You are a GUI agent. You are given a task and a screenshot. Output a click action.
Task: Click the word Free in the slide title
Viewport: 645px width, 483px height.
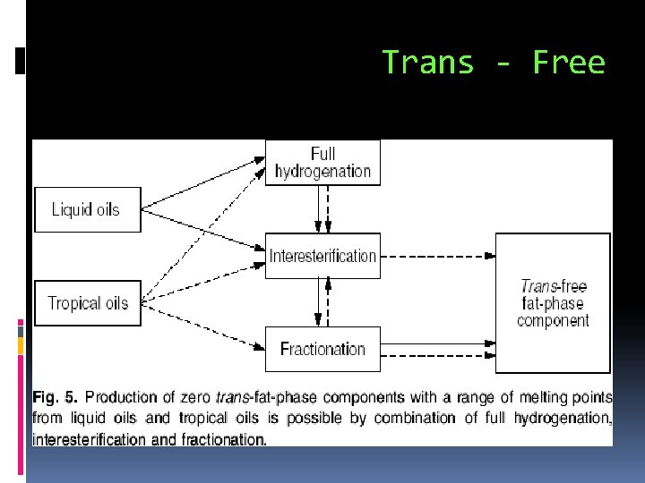[x=568, y=63]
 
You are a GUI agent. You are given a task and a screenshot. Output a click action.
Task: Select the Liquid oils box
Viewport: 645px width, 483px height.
[x=87, y=210]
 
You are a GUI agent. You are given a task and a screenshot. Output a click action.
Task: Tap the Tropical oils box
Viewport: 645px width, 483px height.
[x=87, y=303]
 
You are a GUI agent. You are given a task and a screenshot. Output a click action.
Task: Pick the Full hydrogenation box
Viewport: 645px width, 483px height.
[x=322, y=163]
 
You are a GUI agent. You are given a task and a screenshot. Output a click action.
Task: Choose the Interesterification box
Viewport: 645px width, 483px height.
[x=322, y=256]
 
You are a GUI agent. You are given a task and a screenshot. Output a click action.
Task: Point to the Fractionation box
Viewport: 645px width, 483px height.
[x=322, y=349]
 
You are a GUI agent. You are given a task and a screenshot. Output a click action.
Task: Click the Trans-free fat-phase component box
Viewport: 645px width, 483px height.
[x=553, y=303]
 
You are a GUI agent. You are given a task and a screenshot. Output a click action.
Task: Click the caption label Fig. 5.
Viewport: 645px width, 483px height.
[x=56, y=397]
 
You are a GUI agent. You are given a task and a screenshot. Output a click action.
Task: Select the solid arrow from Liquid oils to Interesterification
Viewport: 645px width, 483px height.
[x=204, y=232]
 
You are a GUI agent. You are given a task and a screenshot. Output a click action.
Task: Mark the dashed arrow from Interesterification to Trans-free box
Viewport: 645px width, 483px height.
[x=437, y=256]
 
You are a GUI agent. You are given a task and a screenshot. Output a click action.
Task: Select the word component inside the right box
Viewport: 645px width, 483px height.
[x=553, y=321]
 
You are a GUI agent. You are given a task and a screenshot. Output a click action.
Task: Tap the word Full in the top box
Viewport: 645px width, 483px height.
[x=322, y=154]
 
